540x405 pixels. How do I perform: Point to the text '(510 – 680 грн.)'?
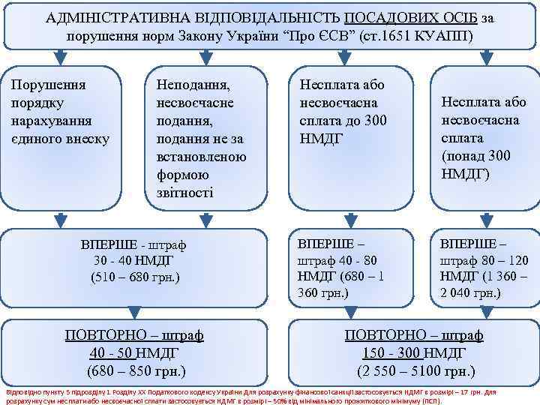tap(135, 277)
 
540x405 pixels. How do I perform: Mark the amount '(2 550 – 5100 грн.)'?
tap(413, 370)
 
